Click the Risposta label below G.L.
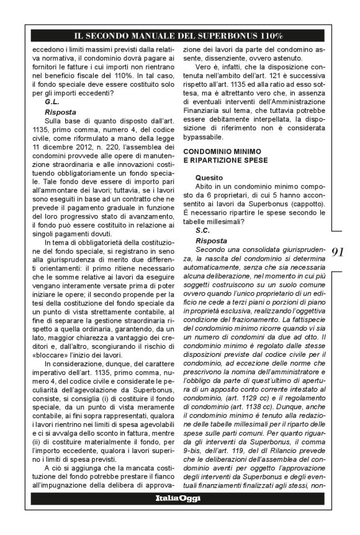click(60, 112)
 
